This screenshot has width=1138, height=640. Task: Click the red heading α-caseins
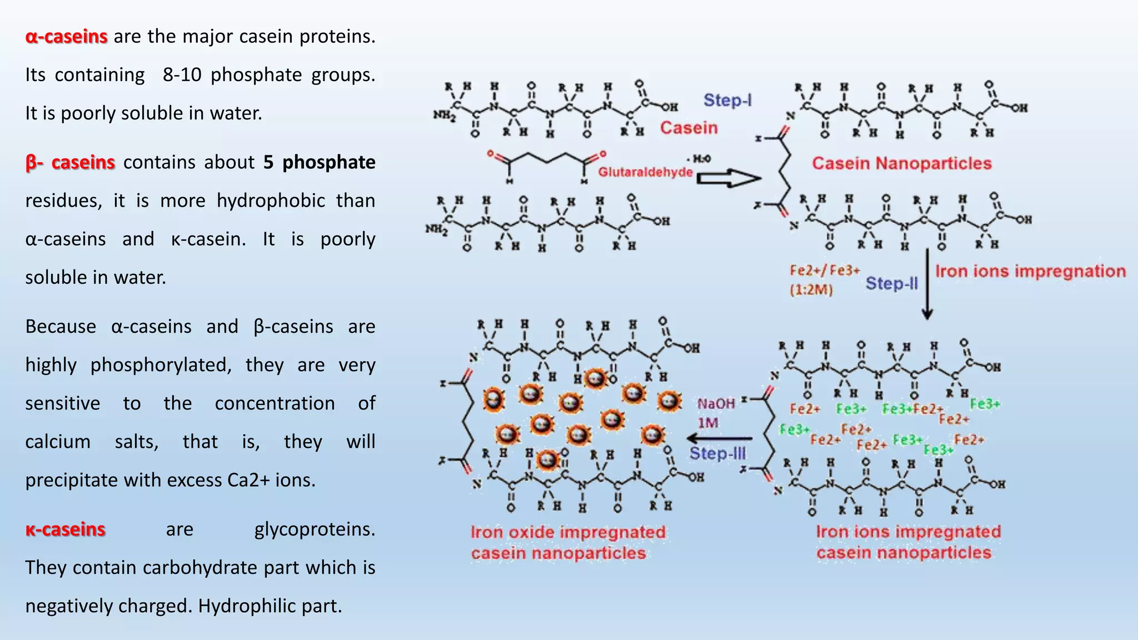66,37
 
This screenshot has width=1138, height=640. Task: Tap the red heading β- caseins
70,163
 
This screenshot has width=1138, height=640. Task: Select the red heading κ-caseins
65,529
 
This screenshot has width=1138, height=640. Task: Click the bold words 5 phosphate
319,163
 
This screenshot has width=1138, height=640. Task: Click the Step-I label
727,101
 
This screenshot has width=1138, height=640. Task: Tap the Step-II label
891,284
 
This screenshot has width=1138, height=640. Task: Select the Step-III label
717,454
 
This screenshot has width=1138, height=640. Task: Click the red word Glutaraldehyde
645,172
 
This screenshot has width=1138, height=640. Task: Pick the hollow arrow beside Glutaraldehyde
728,178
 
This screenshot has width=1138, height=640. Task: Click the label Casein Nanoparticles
901,164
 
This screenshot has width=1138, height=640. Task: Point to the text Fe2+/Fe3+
825,271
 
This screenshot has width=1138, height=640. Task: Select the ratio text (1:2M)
811,290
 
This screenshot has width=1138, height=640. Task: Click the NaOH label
716,404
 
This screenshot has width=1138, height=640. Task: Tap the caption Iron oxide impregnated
567,532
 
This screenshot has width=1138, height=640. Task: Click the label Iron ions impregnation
1030,271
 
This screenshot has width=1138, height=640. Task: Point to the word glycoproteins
315,529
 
